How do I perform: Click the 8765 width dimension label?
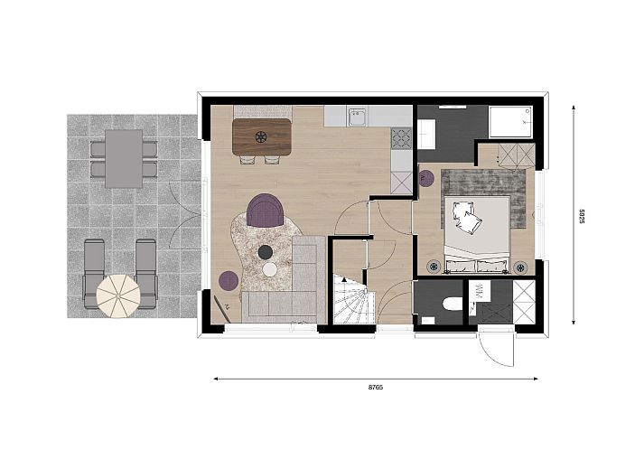coord(376,387)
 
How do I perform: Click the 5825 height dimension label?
coord(582,217)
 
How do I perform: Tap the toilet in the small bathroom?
coord(452,304)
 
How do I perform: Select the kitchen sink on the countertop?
coord(357,117)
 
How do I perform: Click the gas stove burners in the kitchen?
coord(401,138)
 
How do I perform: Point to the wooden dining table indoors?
coord(262,136)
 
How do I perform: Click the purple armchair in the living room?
coord(266,210)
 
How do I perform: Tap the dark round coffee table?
coord(266,252)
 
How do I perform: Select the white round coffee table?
coord(270,269)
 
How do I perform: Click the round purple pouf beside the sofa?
coord(229,281)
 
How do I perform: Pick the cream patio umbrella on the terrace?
coord(118,296)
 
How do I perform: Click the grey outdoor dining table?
coord(124,159)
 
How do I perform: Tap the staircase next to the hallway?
coord(354,299)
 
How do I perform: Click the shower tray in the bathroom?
coord(511,122)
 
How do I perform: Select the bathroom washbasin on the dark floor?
coord(426,134)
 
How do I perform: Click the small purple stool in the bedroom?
coord(426,178)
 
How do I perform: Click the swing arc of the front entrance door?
coord(494,352)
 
